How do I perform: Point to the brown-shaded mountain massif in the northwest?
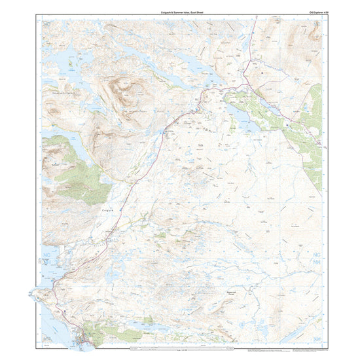pyautogui.click(x=121, y=95)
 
